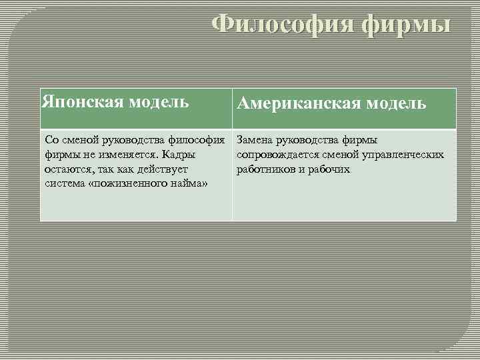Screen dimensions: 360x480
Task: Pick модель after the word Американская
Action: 393,104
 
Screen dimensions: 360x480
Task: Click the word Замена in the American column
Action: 253,140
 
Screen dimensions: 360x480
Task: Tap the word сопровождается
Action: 275,155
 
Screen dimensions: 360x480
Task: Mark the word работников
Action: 263,169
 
